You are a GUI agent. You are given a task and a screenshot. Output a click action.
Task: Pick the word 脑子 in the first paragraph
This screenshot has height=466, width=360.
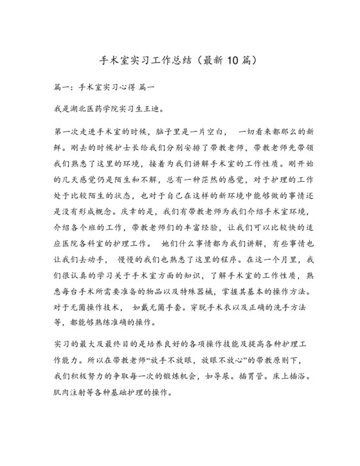pos(170,132)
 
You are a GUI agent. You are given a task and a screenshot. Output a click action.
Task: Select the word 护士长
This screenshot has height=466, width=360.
pos(116,146)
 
